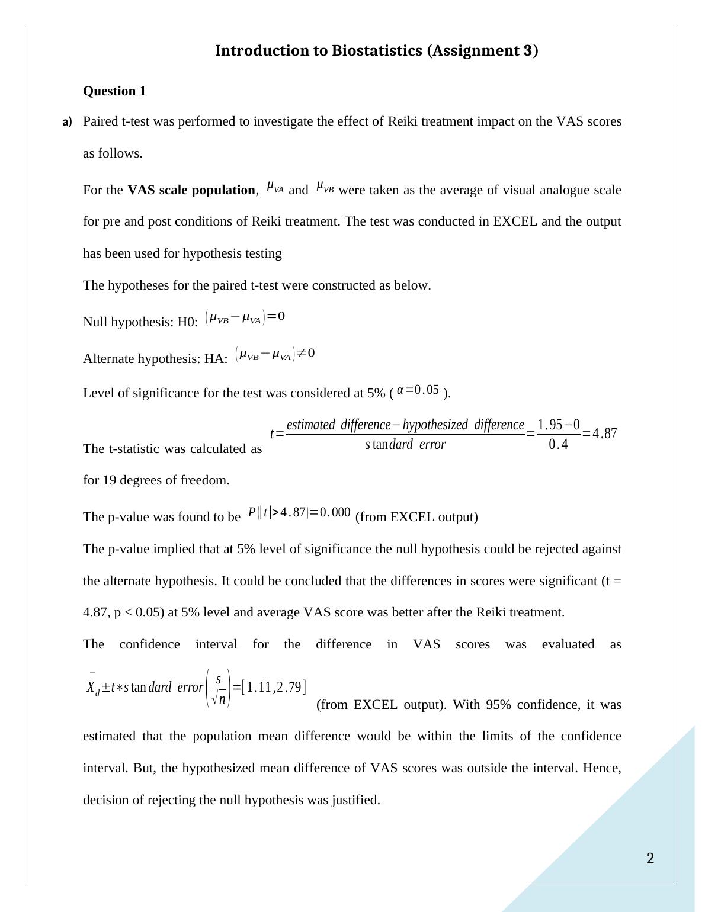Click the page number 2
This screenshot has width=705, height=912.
click(x=650, y=859)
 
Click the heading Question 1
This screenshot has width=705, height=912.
click(x=114, y=91)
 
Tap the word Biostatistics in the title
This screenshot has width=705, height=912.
click(x=377, y=51)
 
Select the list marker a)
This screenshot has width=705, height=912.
click(x=67, y=122)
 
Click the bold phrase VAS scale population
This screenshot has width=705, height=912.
click(x=191, y=190)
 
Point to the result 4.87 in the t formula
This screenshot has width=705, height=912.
click(x=604, y=433)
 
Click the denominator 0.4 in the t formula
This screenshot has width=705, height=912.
click(x=558, y=445)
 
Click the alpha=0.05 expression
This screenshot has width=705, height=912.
click(x=418, y=390)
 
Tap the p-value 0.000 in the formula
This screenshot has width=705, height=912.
click(x=335, y=512)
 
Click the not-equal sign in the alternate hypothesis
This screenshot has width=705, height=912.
click(x=301, y=354)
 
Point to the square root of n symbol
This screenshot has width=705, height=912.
click(x=219, y=698)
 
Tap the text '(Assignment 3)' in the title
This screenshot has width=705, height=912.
click(x=482, y=51)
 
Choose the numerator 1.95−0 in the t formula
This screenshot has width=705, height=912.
click(x=558, y=425)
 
